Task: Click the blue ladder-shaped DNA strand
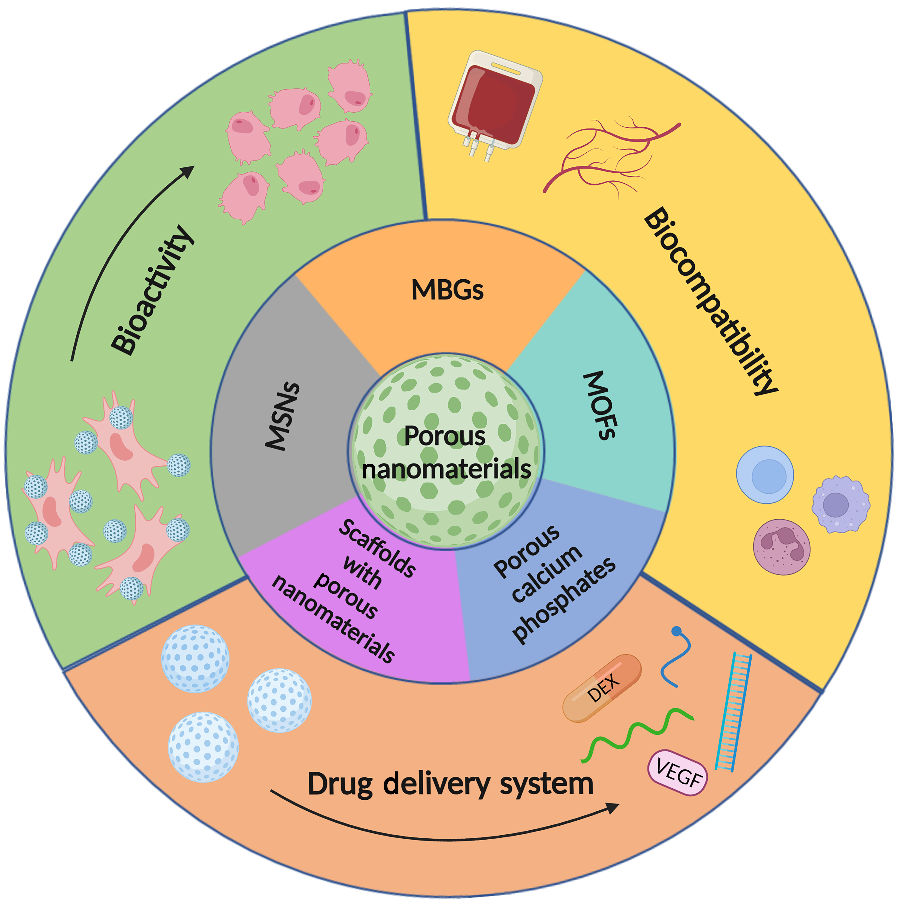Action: click(x=734, y=711)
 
